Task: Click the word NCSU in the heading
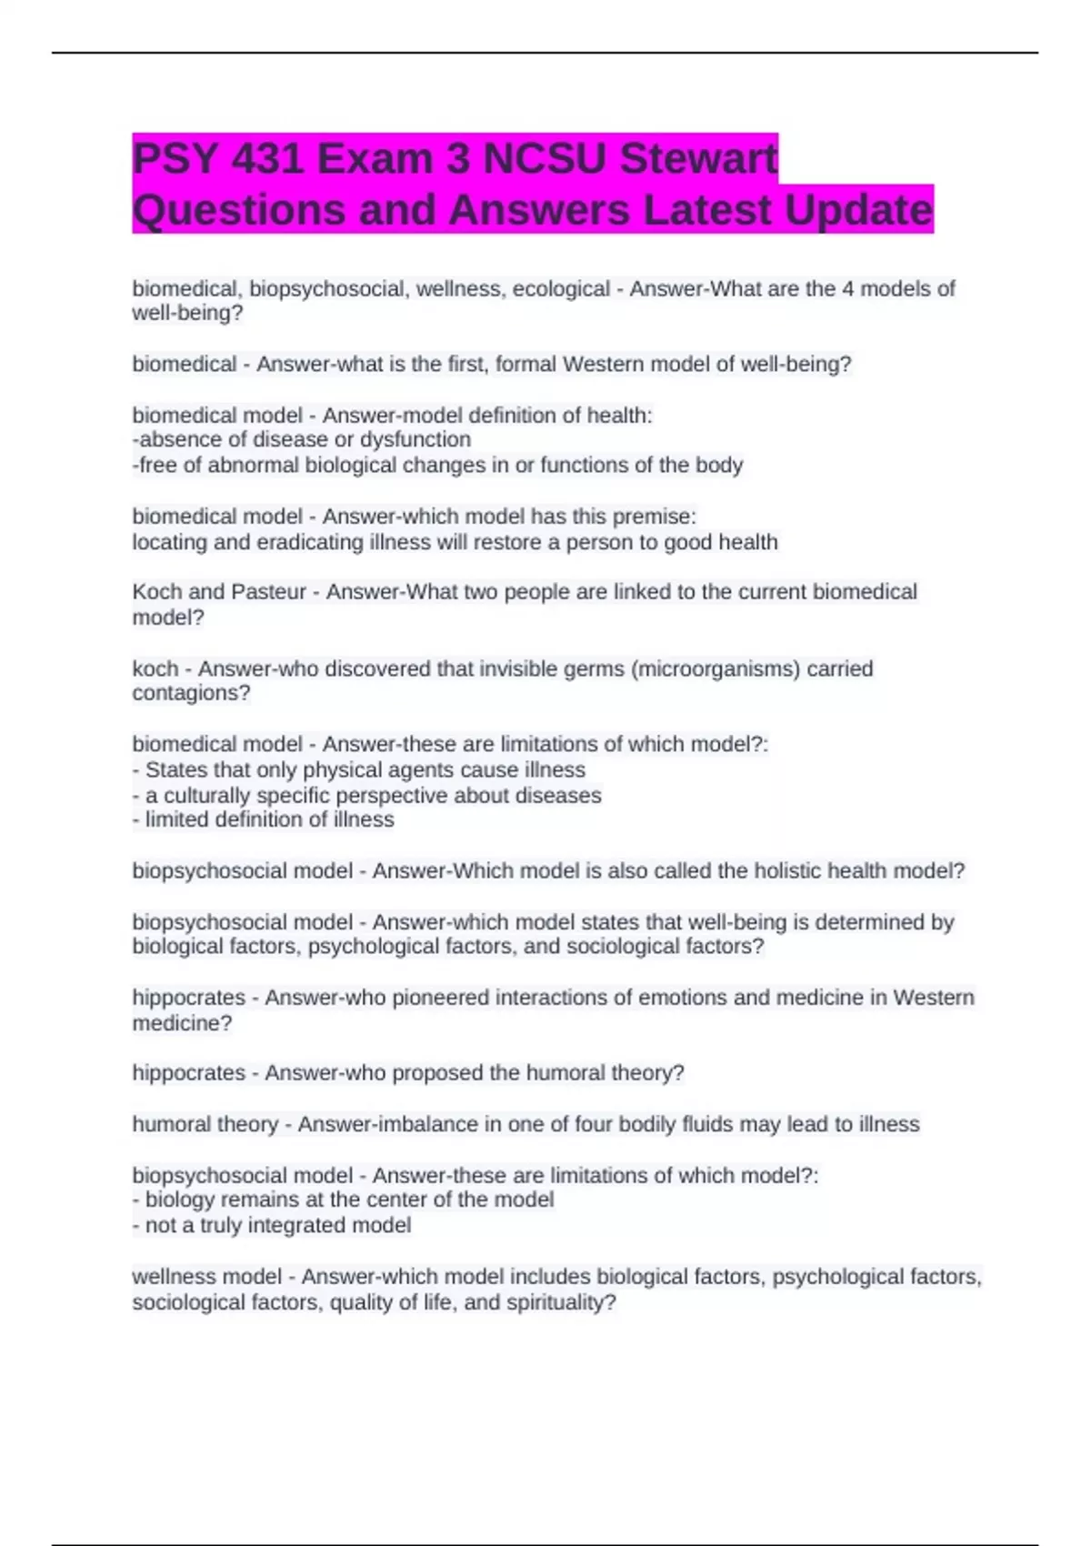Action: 544,159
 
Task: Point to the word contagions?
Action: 191,693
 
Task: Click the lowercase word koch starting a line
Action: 155,669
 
